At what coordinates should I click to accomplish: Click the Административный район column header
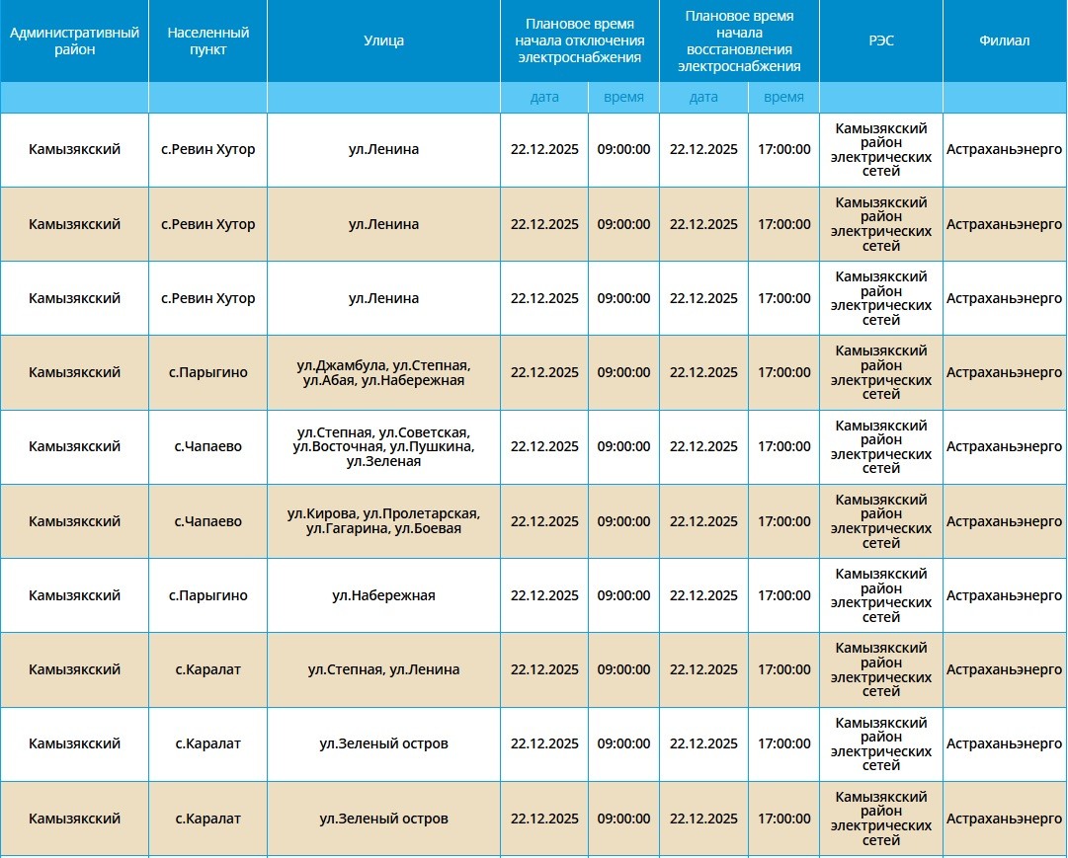tap(74, 40)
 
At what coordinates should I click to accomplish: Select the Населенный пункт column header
tap(207, 40)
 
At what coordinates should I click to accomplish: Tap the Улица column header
tap(383, 40)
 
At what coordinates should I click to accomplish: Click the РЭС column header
tap(880, 40)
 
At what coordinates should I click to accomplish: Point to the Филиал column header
tap(1004, 40)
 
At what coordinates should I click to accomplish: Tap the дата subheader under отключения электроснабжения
tap(544, 97)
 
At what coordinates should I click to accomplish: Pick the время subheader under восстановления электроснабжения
tap(783, 97)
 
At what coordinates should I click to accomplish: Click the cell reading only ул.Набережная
tap(383, 595)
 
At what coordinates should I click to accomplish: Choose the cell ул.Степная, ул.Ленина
tap(383, 669)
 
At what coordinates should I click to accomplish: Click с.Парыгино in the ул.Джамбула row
tap(207, 372)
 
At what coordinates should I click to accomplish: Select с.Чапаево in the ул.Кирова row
tap(207, 521)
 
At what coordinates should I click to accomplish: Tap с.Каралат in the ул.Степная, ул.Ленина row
tap(207, 669)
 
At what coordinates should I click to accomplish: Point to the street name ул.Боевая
tap(427, 529)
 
